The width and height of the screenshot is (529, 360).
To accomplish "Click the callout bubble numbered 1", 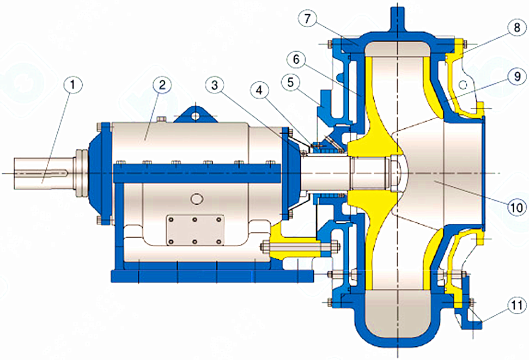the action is (72, 86).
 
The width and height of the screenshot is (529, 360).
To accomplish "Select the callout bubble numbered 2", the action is (162, 84).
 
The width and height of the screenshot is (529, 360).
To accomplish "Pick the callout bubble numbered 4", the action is (259, 90).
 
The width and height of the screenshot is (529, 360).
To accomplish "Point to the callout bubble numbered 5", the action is (291, 82).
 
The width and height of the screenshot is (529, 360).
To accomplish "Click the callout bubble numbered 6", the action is (296, 60).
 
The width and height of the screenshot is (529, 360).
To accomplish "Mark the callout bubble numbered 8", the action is (517, 28).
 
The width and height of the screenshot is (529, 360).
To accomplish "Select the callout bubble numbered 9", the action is (517, 76).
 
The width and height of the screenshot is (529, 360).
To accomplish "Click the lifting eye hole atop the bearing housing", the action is (194, 115).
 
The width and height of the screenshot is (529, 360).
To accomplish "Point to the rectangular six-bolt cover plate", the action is (195, 230).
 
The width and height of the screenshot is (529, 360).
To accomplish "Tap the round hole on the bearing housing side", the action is (196, 198).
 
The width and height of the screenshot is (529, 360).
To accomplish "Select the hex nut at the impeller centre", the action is (395, 173).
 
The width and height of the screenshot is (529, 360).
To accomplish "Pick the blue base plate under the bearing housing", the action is (212, 276).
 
